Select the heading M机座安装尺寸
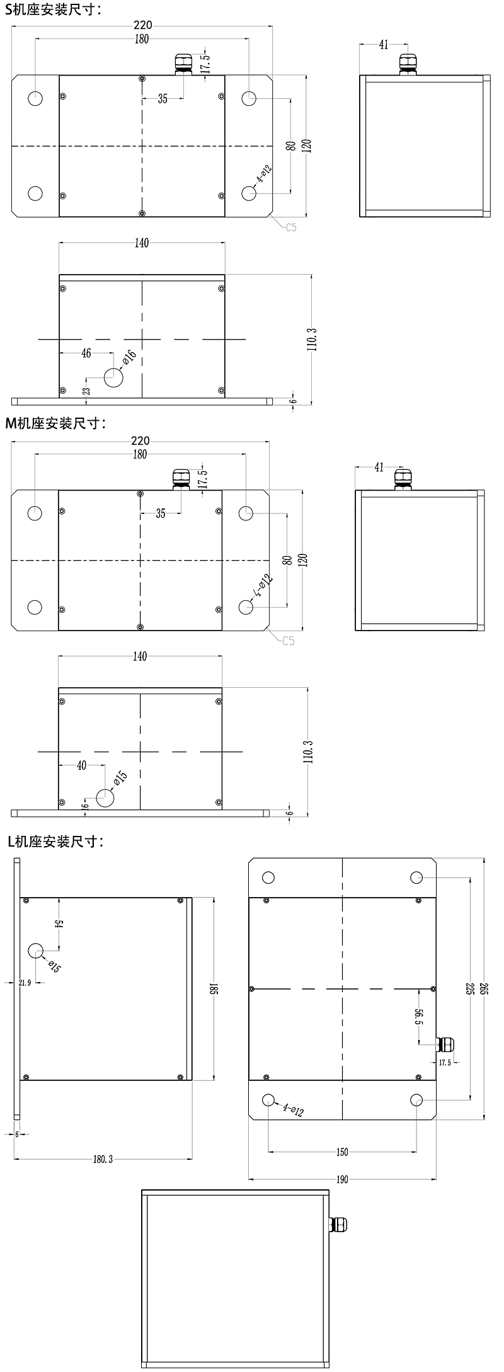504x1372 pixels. tap(55, 423)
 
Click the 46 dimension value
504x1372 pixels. tap(87, 354)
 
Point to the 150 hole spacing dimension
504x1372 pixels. tap(341, 1153)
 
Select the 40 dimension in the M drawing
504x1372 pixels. tap(81, 765)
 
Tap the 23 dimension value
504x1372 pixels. tap(86, 391)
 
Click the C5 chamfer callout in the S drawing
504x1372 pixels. tap(290, 227)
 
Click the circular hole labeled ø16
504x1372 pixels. tap(115, 377)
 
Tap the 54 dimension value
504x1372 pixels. tap(59, 923)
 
